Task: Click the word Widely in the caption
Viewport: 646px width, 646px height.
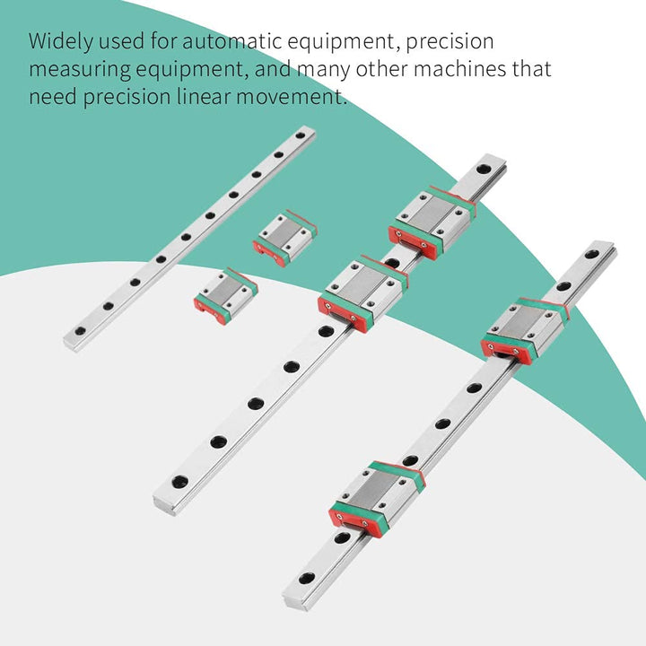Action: pos(60,42)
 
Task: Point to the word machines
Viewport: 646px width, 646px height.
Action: pos(459,69)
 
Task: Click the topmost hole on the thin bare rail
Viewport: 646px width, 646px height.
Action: pos(301,135)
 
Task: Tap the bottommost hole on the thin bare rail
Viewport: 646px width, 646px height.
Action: pos(80,330)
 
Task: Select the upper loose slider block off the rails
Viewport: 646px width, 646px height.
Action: pos(284,238)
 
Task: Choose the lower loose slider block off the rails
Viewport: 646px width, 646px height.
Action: pos(226,296)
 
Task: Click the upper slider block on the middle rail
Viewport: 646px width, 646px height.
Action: pos(432,223)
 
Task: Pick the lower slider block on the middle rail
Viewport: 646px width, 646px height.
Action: pos(363,293)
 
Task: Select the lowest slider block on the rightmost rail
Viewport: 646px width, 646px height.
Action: pos(377,500)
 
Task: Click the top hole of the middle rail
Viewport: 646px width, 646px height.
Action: pos(484,169)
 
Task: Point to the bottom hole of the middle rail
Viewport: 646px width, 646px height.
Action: pos(179,481)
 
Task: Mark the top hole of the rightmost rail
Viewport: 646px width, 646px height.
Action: pos(591,254)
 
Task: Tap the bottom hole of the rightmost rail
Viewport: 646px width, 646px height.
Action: pos(307,578)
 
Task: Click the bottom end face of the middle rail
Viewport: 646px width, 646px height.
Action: pos(164,506)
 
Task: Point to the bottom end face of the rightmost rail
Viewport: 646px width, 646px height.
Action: pos(293,602)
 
